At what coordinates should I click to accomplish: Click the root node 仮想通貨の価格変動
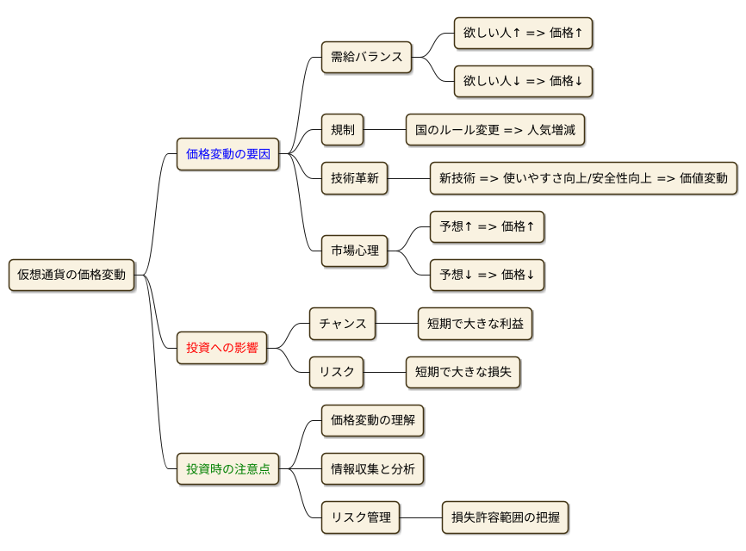71,275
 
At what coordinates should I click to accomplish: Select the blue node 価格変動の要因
227,155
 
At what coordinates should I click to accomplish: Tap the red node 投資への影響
221,349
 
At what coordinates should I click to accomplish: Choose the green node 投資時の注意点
227,469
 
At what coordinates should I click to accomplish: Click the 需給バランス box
366,58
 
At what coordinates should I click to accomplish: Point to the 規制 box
342,131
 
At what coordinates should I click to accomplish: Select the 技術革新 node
354,179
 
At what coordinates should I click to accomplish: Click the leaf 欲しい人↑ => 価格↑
523,34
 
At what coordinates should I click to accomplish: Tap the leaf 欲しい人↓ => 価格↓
523,82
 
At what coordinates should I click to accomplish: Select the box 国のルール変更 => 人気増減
495,131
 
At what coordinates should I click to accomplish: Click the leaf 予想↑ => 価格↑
487,227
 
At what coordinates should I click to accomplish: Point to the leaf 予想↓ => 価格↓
487,275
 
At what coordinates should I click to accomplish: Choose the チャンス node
342,324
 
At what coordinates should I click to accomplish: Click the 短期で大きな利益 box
475,324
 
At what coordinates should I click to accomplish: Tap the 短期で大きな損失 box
463,373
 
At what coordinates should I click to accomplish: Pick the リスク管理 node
360,518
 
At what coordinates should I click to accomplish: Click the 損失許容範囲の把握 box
505,518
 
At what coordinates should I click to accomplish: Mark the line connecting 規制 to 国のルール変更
384,131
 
